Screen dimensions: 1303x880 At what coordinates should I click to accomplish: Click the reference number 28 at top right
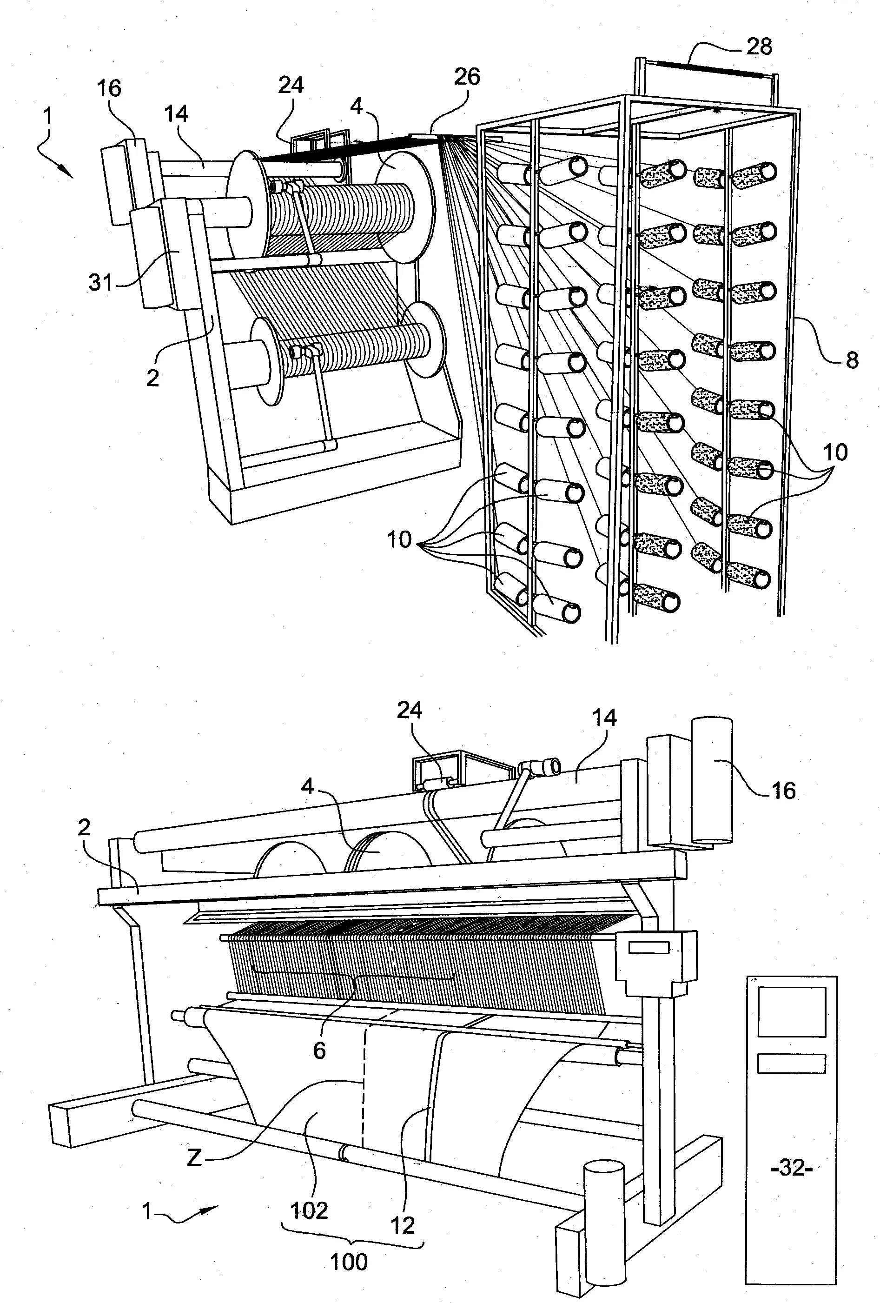[x=759, y=47]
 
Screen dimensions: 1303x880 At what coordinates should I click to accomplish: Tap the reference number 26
[x=466, y=77]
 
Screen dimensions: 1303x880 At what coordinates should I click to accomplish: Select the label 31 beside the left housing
[x=101, y=283]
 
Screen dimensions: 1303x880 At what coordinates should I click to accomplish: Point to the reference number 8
[x=852, y=360]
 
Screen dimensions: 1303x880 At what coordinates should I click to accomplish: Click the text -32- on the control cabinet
[x=791, y=1169]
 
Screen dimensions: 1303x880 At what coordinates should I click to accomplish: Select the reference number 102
[x=309, y=1211]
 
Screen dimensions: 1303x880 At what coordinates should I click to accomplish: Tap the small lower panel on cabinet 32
[x=791, y=1063]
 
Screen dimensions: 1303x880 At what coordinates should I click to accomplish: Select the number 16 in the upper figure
[x=109, y=88]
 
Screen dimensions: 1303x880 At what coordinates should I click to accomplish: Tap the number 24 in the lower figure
[x=409, y=711]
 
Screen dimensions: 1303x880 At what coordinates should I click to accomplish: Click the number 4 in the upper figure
[x=357, y=106]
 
